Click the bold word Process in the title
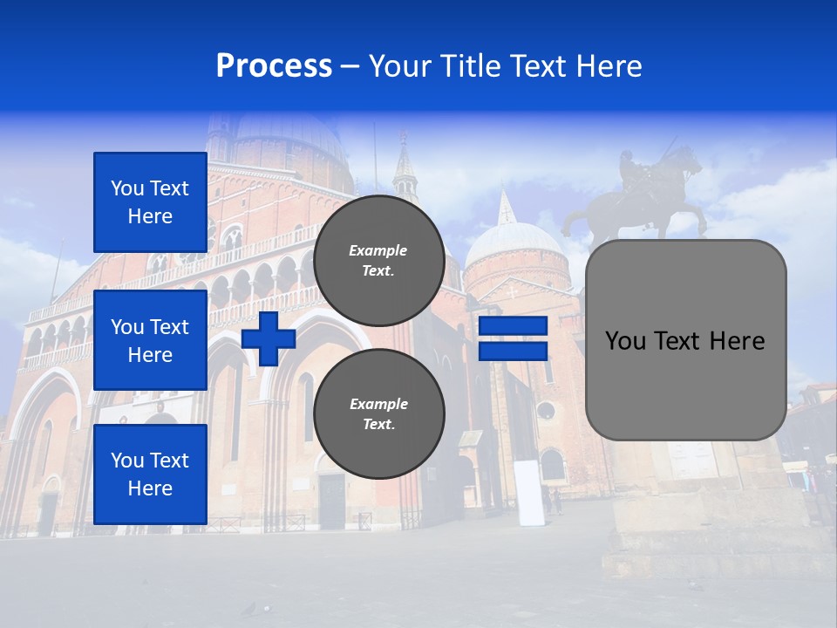coord(274,66)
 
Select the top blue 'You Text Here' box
coord(150,202)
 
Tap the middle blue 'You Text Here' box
coord(150,340)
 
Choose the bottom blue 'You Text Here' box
coord(150,474)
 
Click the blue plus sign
coord(269,338)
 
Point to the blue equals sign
coord(513,338)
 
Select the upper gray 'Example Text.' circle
coord(378,261)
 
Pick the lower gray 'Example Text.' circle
coord(378,414)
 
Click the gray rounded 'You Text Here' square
coord(685,340)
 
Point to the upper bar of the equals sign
coord(513,326)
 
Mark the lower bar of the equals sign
coord(513,351)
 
